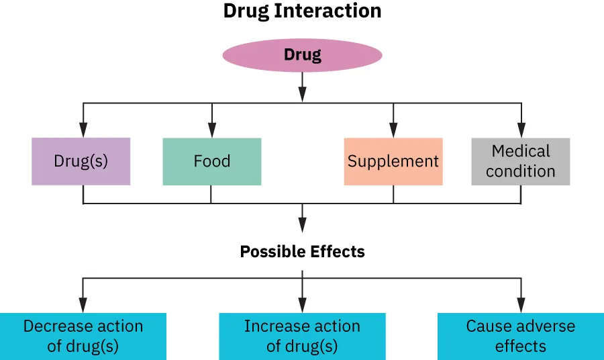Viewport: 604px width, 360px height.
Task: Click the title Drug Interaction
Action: tap(302, 11)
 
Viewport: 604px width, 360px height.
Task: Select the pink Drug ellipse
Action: tap(302, 55)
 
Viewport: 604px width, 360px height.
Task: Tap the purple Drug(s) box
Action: tap(81, 161)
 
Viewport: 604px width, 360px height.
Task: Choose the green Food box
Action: tap(211, 161)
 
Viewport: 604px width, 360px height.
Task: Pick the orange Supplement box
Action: tap(393, 161)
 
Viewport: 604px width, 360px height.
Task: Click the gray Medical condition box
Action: tap(521, 161)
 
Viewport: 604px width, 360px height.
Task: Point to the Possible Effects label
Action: tap(302, 252)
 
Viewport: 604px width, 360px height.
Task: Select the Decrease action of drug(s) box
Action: tap(83, 336)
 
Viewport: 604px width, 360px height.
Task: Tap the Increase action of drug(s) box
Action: tap(302, 336)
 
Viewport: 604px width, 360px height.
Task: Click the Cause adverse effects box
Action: tap(521, 336)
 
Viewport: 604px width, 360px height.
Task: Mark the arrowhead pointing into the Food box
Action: tap(212, 131)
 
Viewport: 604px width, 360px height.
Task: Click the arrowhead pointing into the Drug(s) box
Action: tap(83, 131)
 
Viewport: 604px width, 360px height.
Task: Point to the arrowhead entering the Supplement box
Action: tap(393, 131)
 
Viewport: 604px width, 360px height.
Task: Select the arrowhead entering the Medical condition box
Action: tap(521, 131)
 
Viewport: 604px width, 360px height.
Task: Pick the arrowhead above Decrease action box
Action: tap(83, 306)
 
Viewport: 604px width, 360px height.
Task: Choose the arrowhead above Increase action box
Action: tap(302, 306)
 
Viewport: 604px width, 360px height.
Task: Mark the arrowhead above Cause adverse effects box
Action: tap(521, 306)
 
